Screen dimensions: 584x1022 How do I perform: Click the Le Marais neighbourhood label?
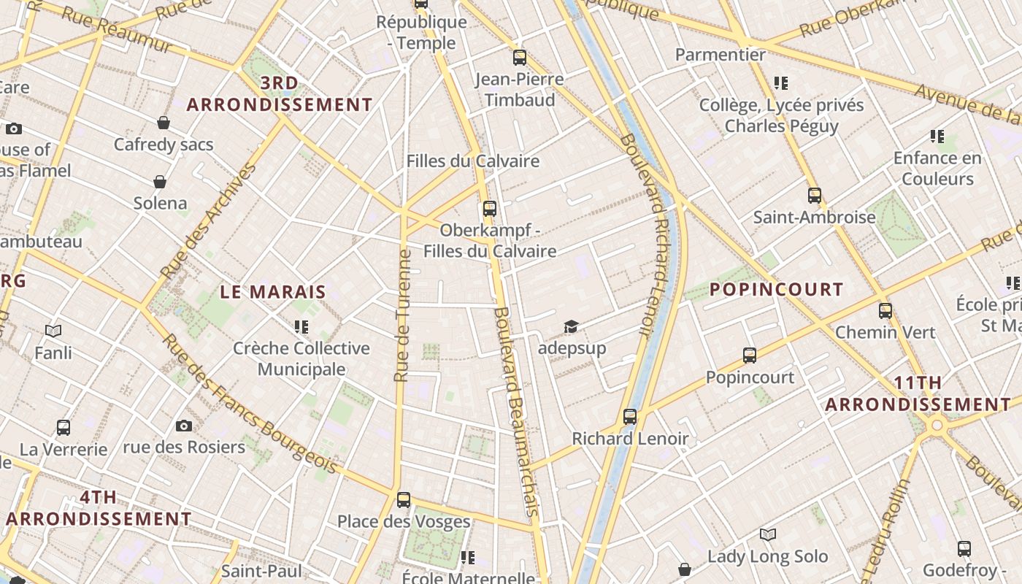[x=273, y=292]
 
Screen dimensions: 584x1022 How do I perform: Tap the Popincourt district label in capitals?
[x=776, y=290]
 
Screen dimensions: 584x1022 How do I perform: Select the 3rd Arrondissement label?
[x=280, y=94]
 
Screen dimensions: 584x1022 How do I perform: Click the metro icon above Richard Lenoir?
[x=630, y=417]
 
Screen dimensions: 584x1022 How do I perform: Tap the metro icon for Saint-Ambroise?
[x=815, y=196]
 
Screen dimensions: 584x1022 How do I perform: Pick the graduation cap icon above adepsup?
[x=571, y=326]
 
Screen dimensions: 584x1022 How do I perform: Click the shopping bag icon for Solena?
[x=160, y=182]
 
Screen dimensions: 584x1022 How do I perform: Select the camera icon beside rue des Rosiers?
[x=184, y=426]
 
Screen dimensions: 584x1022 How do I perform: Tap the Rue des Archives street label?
[x=209, y=220]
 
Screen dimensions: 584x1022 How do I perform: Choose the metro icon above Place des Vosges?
[x=404, y=500]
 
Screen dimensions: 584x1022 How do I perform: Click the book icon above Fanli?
[x=53, y=331]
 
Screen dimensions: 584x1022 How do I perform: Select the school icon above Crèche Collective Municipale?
[x=301, y=326]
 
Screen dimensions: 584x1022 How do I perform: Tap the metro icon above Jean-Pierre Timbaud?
[x=520, y=57]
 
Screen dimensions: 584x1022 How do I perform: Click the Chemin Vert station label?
[x=885, y=332]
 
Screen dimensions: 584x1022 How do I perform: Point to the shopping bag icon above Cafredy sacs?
[x=164, y=123]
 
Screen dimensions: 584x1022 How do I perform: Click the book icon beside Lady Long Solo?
[x=768, y=535]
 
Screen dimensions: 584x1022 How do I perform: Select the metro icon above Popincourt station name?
[x=750, y=356]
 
